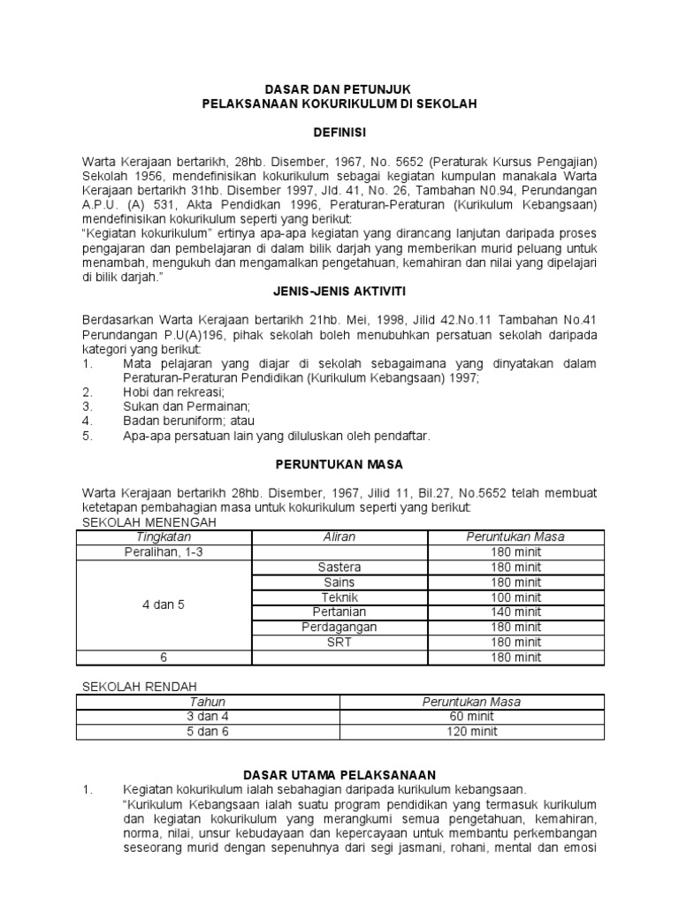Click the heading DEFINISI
[x=339, y=132]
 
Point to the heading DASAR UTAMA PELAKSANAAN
[x=339, y=774]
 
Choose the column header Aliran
[x=339, y=536]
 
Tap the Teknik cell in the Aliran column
[x=339, y=597]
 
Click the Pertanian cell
[x=339, y=612]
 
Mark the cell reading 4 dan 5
[x=164, y=605]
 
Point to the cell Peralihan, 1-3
[x=164, y=551]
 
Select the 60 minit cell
[x=472, y=717]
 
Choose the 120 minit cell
[x=472, y=732]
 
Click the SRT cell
[x=339, y=642]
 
